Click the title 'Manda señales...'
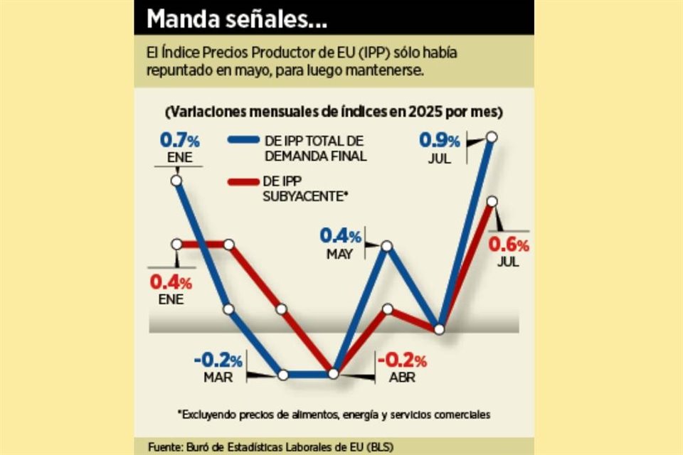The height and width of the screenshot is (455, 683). coord(237,19)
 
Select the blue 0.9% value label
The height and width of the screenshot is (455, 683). coord(443,141)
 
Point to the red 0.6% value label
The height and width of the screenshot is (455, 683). coord(509,245)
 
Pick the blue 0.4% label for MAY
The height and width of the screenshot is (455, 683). coord(340,235)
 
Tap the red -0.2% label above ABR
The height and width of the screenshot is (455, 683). coord(402,360)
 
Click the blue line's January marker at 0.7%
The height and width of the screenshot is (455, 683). coord(176,181)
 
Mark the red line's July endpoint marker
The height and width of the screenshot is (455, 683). coord(492,202)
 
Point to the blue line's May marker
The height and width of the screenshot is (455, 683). coord(387,246)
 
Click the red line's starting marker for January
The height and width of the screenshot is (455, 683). coord(176,244)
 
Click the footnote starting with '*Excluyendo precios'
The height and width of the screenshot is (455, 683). coord(334,413)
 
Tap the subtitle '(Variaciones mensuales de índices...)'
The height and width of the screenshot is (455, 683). coord(334,112)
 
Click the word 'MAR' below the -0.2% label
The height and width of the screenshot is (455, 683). coord(218,378)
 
